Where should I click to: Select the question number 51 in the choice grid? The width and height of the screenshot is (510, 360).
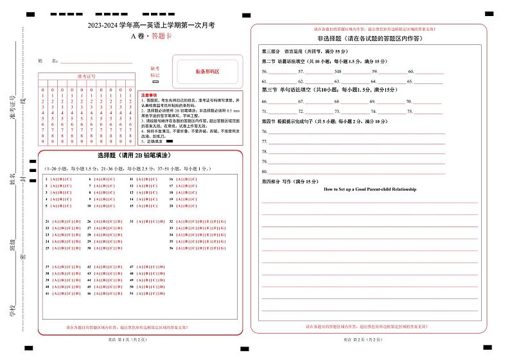pyautogui.click(x=131, y=293)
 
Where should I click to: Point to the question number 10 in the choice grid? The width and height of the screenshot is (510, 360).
pyautogui.click(x=89, y=206)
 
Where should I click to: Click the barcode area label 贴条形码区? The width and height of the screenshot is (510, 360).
pyautogui.click(x=207, y=72)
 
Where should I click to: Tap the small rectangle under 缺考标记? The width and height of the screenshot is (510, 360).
pyautogui.click(x=155, y=82)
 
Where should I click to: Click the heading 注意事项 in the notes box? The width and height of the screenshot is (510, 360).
pyautogui.click(x=149, y=95)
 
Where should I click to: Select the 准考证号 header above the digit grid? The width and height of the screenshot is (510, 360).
pyautogui.click(x=85, y=76)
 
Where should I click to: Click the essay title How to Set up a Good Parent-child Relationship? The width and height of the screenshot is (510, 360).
pyautogui.click(x=370, y=189)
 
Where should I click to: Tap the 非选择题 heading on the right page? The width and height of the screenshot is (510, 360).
pyautogui.click(x=370, y=39)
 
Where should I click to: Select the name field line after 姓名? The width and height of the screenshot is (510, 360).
pyautogui.click(x=96, y=62)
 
